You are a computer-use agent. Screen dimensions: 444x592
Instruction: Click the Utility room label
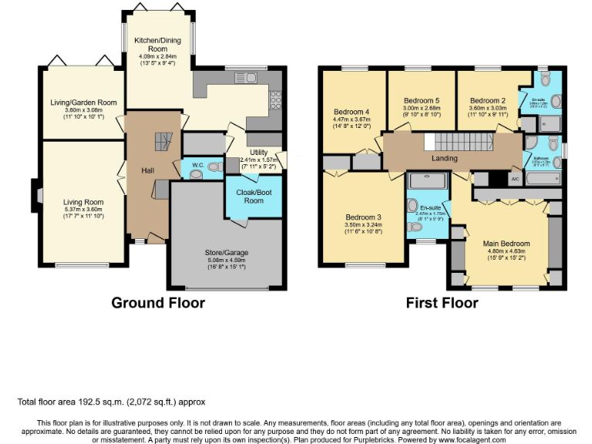(258, 153)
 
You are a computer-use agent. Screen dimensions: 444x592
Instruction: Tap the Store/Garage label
(226, 252)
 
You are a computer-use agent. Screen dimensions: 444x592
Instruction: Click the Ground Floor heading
(158, 303)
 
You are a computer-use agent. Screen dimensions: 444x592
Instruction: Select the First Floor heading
(442, 303)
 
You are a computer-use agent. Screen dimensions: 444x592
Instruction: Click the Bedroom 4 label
(351, 109)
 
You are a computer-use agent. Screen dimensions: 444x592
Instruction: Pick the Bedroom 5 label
(422, 100)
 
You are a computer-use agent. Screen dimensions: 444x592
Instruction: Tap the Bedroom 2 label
(487, 100)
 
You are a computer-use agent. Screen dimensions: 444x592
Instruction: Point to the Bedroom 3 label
(362, 217)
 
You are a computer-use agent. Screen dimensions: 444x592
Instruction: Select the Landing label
(445, 159)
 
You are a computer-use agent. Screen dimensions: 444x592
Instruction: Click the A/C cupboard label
(515, 179)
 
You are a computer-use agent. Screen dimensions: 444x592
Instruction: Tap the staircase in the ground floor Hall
(161, 142)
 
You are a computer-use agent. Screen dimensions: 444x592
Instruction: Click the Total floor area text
(111, 402)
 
